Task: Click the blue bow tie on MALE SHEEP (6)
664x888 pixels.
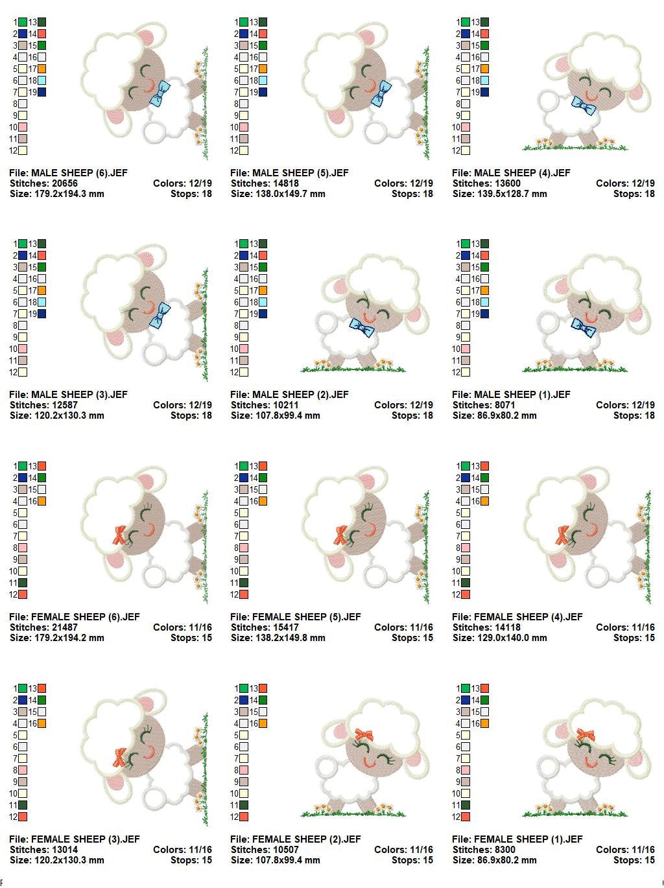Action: click(x=159, y=93)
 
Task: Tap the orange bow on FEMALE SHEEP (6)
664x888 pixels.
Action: click(x=119, y=535)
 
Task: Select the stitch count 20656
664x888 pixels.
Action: click(x=64, y=183)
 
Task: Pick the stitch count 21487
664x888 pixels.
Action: click(x=64, y=627)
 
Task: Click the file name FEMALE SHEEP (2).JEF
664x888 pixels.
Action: click(x=295, y=839)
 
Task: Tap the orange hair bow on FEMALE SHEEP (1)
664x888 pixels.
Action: click(x=586, y=734)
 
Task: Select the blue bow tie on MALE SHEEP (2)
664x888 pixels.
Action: click(x=362, y=327)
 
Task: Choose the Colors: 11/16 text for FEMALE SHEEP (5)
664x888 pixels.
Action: click(x=403, y=627)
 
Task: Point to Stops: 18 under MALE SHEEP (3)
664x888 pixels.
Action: click(x=191, y=415)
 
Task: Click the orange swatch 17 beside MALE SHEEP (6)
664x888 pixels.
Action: click(x=42, y=69)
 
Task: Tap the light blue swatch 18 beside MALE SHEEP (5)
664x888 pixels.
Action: click(x=263, y=80)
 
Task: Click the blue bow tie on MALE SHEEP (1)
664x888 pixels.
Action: click(x=584, y=327)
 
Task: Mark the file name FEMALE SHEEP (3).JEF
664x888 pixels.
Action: click(x=74, y=839)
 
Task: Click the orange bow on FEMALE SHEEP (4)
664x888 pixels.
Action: click(x=562, y=535)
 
